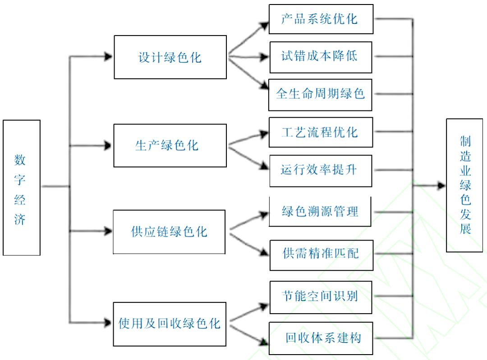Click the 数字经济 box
22,187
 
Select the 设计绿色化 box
170,57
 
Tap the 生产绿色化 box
170,146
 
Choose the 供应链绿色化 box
169,232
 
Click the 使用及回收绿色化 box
169,324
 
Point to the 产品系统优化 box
321,19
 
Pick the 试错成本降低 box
321,57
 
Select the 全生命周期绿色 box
320,94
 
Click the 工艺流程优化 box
321,132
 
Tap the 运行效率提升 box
321,170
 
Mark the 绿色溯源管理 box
320,211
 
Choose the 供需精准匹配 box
321,255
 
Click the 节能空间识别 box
321,297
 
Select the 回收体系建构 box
321,338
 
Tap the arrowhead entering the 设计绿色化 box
108,57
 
